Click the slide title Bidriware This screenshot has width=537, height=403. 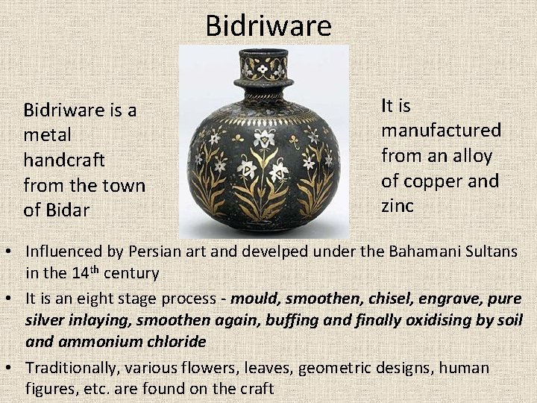[268, 25]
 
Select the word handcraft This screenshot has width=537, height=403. [64, 160]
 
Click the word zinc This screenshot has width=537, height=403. [398, 206]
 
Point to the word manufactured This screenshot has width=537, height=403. [441, 131]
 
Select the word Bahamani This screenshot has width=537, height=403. [426, 252]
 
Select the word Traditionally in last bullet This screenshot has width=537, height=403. [72, 368]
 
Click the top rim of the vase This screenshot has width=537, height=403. [263, 54]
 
